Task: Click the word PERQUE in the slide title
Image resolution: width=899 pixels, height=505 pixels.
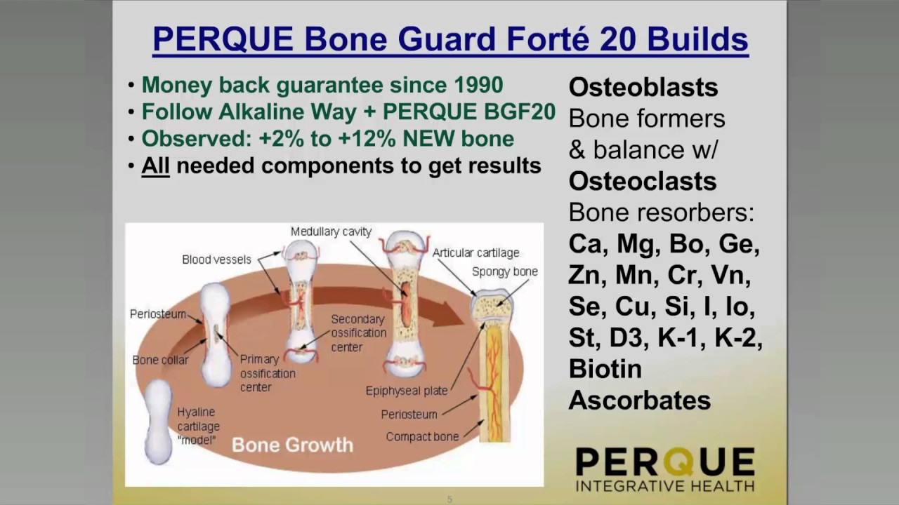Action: tap(223, 39)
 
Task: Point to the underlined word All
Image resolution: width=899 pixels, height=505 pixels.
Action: tap(155, 166)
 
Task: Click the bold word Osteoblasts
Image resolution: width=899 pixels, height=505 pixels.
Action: tap(643, 88)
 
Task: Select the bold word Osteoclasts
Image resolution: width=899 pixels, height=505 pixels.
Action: tap(642, 182)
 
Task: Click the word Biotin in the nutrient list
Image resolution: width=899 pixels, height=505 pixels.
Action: tap(605, 369)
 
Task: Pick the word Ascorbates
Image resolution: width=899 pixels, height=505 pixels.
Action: tap(639, 400)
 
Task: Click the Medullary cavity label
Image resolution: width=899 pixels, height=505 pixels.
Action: tap(331, 232)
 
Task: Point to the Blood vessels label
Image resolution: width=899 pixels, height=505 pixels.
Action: tap(216, 260)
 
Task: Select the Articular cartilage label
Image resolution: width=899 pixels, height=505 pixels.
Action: tap(475, 253)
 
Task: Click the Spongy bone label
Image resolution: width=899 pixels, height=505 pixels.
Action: tap(504, 271)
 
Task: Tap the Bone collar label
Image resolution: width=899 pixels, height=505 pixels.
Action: tap(160, 361)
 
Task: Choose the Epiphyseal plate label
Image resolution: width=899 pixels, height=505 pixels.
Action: tap(407, 391)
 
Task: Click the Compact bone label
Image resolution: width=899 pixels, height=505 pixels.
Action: tap(422, 437)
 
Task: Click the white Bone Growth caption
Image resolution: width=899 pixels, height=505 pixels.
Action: tap(292, 445)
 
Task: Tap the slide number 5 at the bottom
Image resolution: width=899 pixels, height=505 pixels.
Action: tap(449, 499)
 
